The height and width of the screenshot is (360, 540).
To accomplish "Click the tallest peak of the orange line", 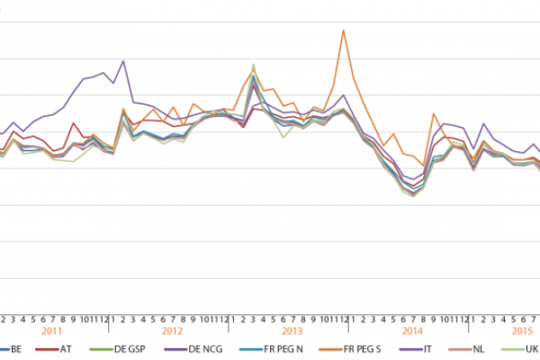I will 343,30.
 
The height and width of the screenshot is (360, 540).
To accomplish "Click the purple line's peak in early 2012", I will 122,61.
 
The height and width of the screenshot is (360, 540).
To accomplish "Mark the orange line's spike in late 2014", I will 434,114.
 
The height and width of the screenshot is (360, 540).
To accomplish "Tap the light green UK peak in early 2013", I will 254,65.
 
